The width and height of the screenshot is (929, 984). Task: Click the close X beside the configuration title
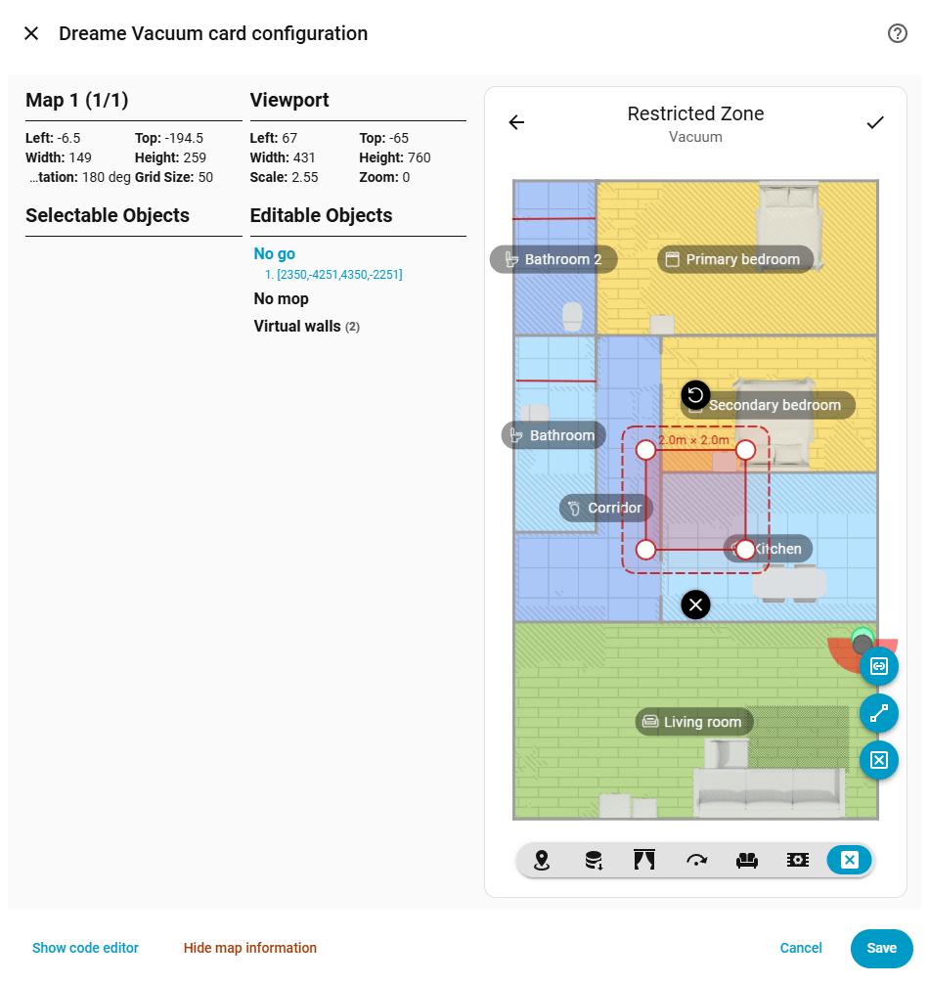[31, 33]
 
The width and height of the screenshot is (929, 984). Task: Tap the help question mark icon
[897, 33]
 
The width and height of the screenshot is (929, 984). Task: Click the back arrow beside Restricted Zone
[517, 122]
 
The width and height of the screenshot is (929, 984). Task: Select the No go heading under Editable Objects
[274, 253]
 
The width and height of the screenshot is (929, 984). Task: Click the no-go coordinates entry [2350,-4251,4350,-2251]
[333, 274]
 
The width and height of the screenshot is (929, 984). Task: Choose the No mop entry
[281, 298]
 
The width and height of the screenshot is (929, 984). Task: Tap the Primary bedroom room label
[735, 259]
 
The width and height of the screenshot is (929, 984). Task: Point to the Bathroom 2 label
[553, 259]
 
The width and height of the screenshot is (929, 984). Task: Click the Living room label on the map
[694, 722]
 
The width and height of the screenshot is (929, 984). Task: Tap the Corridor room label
[606, 508]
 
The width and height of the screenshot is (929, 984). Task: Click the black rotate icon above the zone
[695, 395]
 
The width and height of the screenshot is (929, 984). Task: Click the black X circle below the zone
[695, 604]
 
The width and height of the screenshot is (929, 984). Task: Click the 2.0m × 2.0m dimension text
[693, 440]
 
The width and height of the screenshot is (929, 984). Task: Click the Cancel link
[801, 948]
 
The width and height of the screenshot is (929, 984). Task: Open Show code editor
[85, 948]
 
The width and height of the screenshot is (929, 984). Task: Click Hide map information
[249, 948]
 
